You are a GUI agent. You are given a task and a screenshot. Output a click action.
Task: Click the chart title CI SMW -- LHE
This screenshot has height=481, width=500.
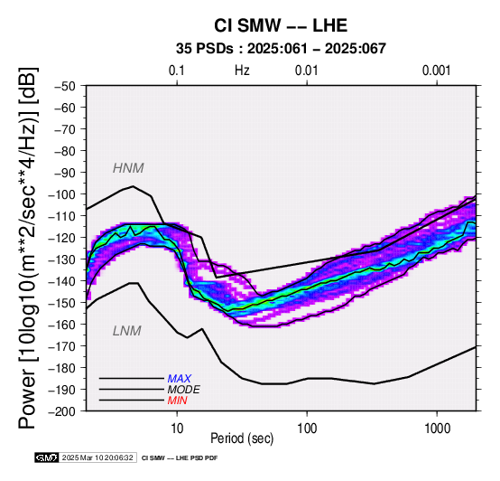coord(281,25)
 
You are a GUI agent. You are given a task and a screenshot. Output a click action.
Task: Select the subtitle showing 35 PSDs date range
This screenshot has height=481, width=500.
coord(281,49)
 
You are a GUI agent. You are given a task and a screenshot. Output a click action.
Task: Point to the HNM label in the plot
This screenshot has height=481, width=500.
coord(128,168)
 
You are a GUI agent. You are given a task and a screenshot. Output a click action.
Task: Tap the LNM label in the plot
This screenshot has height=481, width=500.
coord(127,331)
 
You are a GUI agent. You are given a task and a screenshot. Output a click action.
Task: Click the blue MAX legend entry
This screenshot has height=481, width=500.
coord(180,379)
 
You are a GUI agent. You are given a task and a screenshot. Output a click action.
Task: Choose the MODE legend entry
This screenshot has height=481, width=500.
coord(184,390)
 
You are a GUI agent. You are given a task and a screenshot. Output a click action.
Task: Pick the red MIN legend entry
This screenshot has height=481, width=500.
coord(177,401)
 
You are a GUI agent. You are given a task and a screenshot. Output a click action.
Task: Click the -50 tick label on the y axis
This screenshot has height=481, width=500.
coord(65,87)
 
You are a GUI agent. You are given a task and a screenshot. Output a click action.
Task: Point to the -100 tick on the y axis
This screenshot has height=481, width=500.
coord(62,194)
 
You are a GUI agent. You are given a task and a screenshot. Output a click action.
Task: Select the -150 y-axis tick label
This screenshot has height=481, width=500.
coord(62,303)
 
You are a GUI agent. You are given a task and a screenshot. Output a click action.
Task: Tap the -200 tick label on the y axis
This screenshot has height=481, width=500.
coord(62,411)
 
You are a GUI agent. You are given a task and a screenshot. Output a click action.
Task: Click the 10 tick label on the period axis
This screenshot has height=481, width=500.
coord(177,429)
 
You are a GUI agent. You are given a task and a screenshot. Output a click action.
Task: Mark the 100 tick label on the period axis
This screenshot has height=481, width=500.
coord(307,429)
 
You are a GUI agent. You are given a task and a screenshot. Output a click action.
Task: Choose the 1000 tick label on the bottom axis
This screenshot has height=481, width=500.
coord(437,429)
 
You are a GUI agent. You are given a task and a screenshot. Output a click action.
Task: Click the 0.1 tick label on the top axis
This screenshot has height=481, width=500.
coord(177,71)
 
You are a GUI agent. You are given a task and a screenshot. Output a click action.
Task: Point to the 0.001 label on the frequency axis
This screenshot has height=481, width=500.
coord(436,71)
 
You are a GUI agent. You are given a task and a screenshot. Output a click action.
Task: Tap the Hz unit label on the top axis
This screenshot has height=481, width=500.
coord(242,71)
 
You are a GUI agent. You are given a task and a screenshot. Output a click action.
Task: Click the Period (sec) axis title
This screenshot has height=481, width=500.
coord(242,439)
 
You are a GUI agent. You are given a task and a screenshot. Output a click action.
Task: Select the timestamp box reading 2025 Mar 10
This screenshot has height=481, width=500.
coord(97,458)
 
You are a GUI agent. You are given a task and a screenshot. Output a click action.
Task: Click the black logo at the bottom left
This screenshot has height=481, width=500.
coord(47,458)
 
